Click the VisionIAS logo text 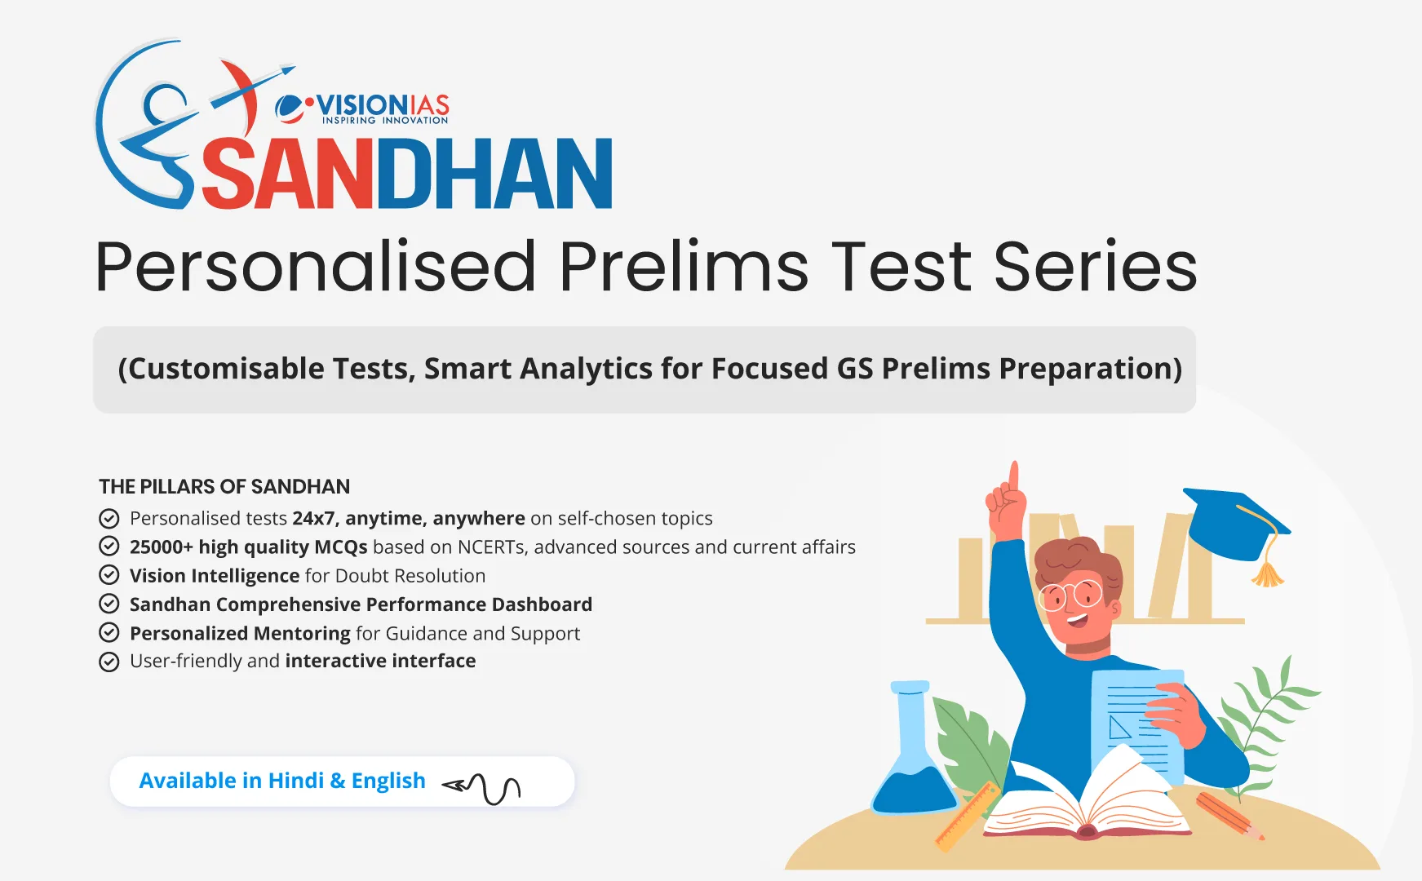coord(382,107)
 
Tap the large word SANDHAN coord(406,175)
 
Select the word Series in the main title coord(1095,268)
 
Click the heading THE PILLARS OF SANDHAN coord(224,487)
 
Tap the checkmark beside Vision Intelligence coord(109,575)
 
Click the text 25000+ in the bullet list coord(161,547)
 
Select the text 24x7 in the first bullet coord(313,519)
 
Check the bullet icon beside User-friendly coord(109,662)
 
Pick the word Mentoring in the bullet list coord(302,634)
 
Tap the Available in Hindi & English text coord(282,781)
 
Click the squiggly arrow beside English coord(483,786)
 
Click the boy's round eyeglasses coord(1071,595)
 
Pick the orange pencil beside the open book coord(1228,815)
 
